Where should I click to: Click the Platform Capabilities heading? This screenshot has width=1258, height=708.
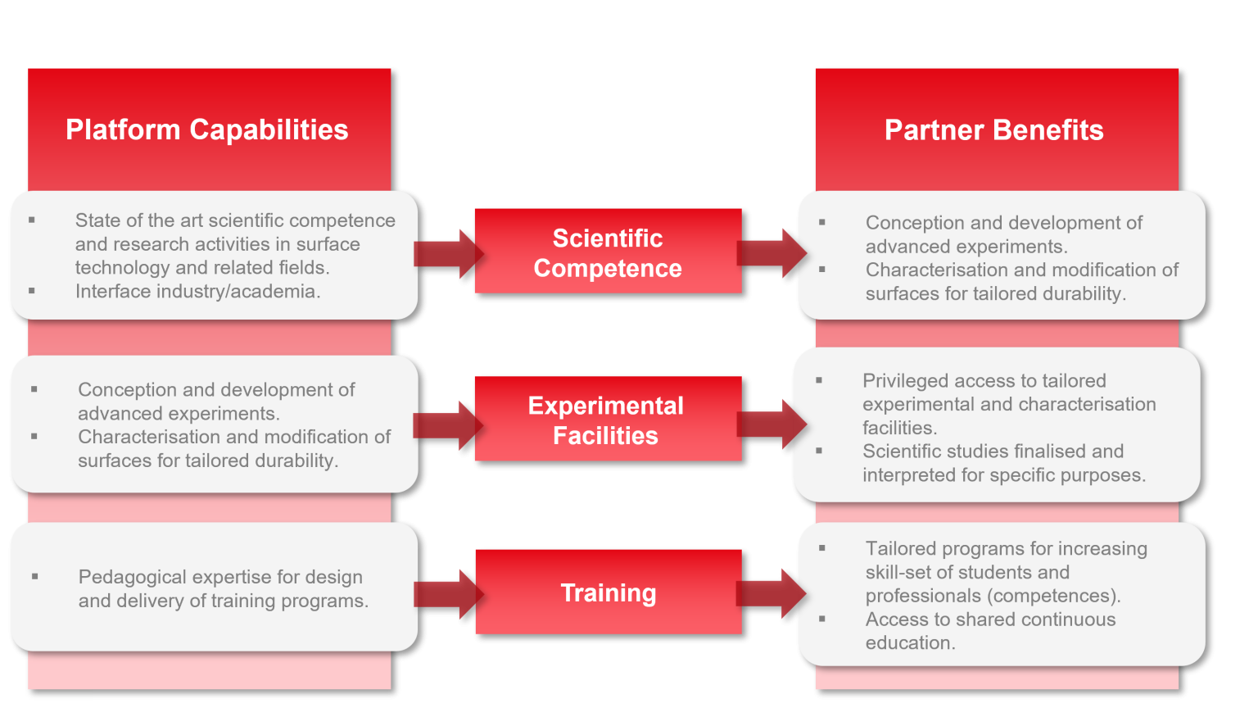pos(206,130)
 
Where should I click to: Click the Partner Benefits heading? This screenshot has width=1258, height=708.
pos(993,130)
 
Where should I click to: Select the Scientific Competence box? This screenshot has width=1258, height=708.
pos(608,252)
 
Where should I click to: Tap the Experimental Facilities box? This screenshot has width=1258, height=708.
pos(607,420)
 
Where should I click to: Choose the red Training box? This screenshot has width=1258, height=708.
pos(608,592)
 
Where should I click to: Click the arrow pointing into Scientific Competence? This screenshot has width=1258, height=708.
pos(447,253)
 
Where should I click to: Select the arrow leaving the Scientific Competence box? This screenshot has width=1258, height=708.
pos(771,252)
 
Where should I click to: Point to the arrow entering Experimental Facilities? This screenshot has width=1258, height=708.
pos(447,424)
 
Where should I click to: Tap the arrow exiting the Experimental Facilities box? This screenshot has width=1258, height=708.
pos(771,423)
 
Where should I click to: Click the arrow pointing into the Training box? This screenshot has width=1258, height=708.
pos(447,593)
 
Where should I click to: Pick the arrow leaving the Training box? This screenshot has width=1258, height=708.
pos(771,592)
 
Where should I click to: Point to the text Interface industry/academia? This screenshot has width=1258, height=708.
pos(197,292)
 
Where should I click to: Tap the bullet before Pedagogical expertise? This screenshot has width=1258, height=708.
pos(34,577)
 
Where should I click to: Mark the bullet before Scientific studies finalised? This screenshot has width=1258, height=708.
pos(819,451)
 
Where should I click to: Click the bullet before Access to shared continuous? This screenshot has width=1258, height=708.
pos(822,619)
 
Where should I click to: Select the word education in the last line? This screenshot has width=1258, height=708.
pos(908,643)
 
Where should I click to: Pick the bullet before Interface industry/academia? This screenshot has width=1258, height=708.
pos(32,291)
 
